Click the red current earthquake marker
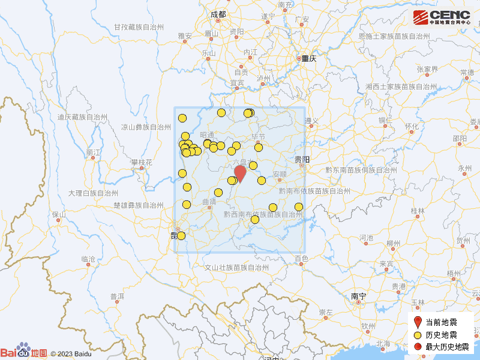click(x=240, y=173)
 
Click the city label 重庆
click(x=308, y=59)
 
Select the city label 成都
click(x=218, y=14)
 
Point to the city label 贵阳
click(x=302, y=160)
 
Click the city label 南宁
click(x=359, y=296)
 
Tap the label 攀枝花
click(x=142, y=163)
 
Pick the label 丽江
click(x=93, y=152)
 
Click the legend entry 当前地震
click(x=441, y=322)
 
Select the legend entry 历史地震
click(x=441, y=335)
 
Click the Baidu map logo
click(x=23, y=352)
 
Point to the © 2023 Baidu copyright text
click(x=71, y=354)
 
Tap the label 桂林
click(x=418, y=211)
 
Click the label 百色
click(x=301, y=259)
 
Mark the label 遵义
click(x=311, y=121)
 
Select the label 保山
click(x=58, y=214)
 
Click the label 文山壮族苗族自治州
click(x=237, y=268)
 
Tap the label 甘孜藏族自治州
click(x=139, y=28)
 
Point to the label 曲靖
click(x=209, y=202)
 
